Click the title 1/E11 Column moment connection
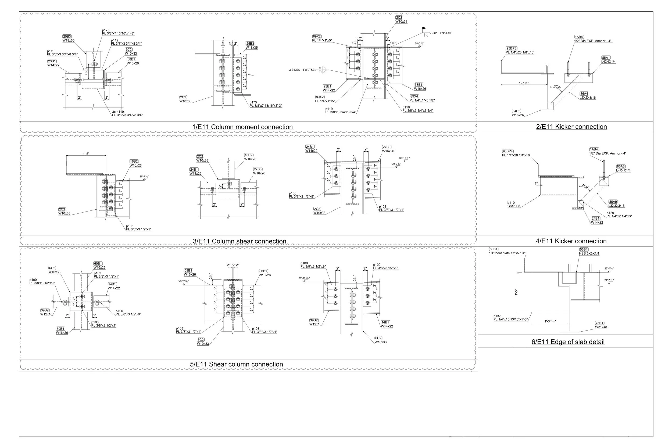(x=242, y=127)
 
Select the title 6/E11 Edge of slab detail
(x=568, y=342)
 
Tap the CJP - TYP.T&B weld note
(x=441, y=33)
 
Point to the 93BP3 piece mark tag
(x=512, y=49)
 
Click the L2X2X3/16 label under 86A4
(x=587, y=98)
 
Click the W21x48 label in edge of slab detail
(x=601, y=327)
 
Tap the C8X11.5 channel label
(x=514, y=206)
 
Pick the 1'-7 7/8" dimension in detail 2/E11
(x=524, y=83)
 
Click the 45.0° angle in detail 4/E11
(x=585, y=186)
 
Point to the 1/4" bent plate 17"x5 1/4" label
(x=507, y=253)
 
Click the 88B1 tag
(x=494, y=249)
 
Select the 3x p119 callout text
(x=118, y=112)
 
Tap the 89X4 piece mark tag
(x=414, y=96)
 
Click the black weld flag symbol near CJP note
(x=424, y=28)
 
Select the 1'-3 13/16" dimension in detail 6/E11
(x=550, y=321)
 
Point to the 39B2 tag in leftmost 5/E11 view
(x=45, y=310)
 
